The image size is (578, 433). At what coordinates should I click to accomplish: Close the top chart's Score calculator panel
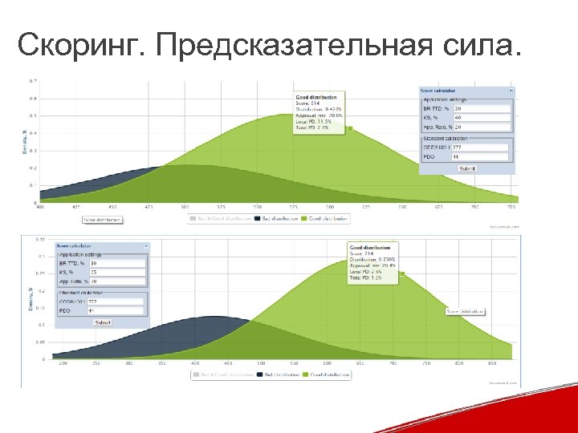pyautogui.click(x=511, y=91)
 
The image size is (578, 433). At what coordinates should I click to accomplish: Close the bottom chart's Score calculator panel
pyautogui.click(x=145, y=245)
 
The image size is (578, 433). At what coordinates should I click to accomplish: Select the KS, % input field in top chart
pyautogui.click(x=482, y=117)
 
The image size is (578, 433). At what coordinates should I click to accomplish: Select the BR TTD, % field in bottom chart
pyautogui.click(x=116, y=263)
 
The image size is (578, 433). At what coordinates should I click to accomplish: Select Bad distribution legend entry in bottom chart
pyautogui.click(x=278, y=374)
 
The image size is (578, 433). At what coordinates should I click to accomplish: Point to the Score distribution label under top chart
pyautogui.click(x=102, y=219)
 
